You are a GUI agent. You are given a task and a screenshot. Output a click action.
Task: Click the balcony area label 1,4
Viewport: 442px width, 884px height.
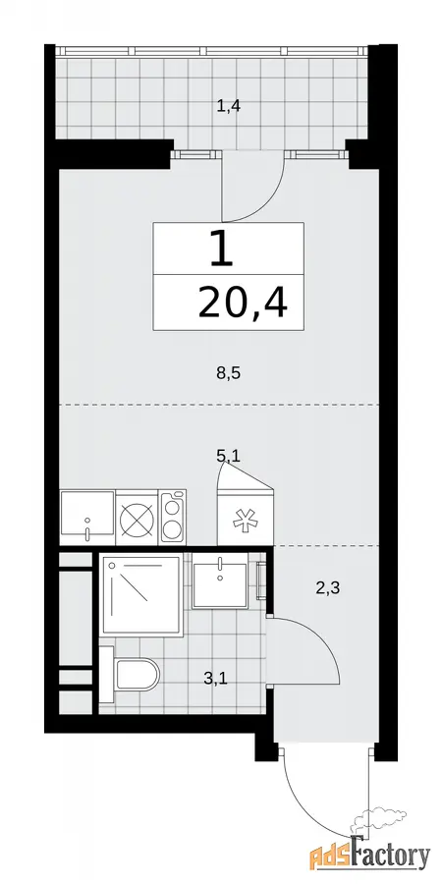click(x=229, y=105)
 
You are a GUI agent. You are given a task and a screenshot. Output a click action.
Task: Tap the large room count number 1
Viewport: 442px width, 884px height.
click(x=221, y=249)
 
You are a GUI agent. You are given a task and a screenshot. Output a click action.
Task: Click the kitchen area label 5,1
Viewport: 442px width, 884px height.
click(x=228, y=455)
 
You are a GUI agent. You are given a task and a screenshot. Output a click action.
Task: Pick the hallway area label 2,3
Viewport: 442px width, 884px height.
click(x=327, y=589)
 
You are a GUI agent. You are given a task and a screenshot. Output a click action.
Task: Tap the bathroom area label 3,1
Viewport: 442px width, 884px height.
click(x=215, y=679)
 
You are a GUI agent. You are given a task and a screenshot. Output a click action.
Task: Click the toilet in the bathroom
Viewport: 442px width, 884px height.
click(x=130, y=675)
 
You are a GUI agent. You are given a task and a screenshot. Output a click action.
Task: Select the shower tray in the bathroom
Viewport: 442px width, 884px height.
click(x=140, y=595)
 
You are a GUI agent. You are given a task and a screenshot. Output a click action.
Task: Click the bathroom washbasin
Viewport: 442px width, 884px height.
click(x=220, y=580)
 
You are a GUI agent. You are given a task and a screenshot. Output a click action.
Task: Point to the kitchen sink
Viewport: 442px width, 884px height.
click(x=87, y=517)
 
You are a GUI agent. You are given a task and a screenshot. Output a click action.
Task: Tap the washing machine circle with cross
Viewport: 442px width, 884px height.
click(x=137, y=517)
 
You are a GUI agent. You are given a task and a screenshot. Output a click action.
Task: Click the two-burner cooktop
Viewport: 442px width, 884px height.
click(x=173, y=517)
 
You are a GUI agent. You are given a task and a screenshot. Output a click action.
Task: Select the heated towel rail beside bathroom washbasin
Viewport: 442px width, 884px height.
click(x=260, y=580)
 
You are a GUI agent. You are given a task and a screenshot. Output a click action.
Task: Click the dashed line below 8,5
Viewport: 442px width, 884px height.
click(x=219, y=405)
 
